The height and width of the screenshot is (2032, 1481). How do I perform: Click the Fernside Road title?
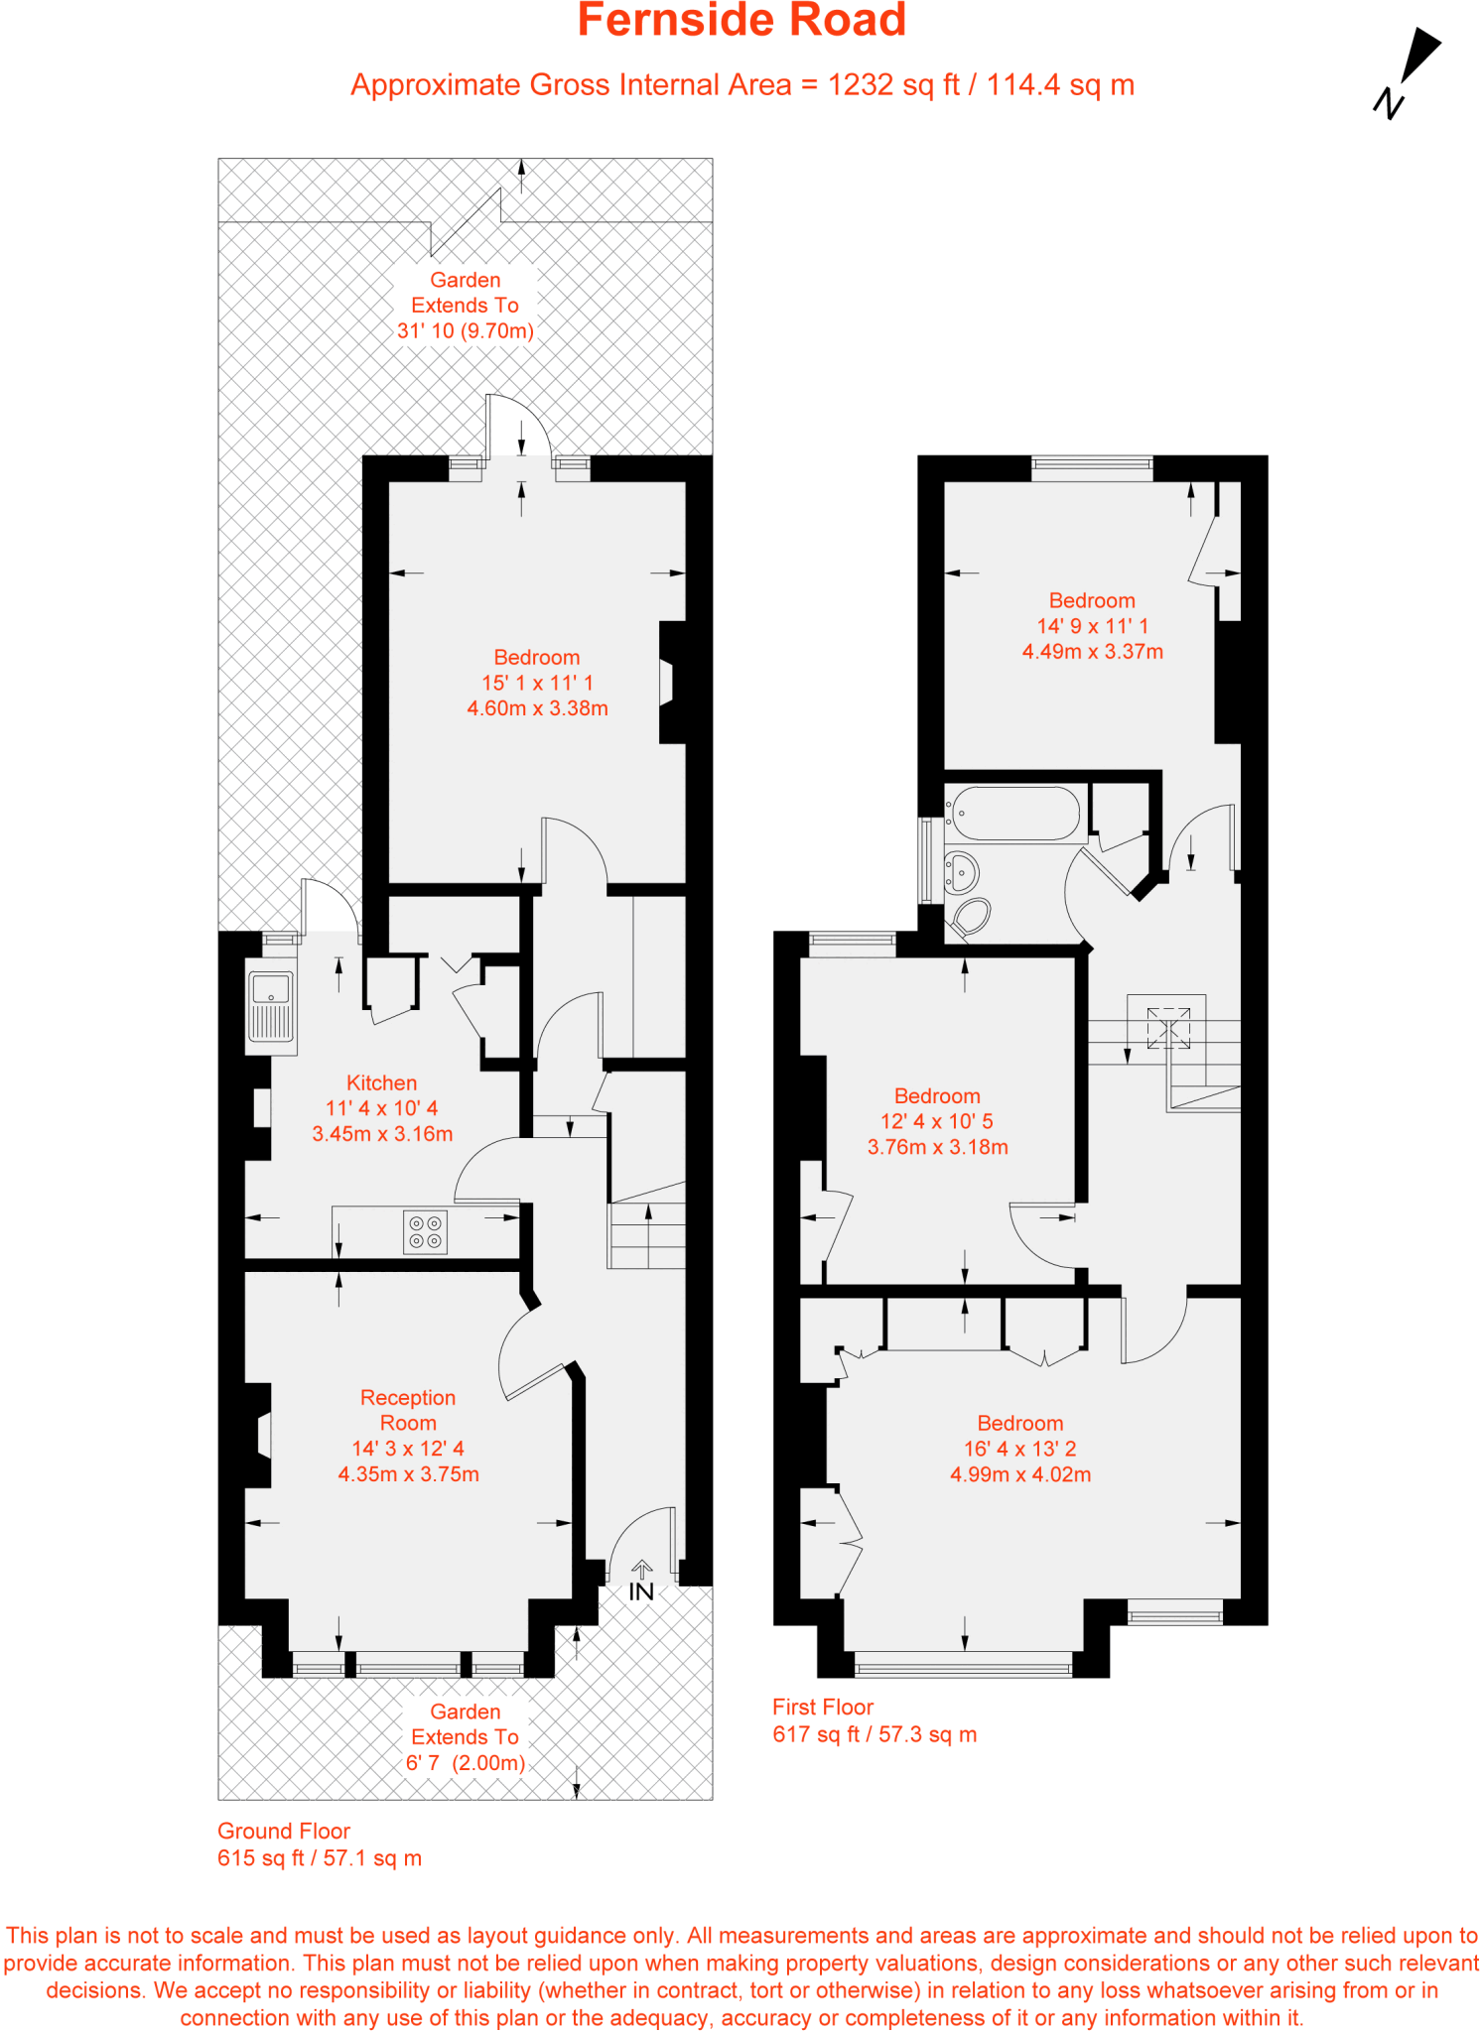[x=741, y=21]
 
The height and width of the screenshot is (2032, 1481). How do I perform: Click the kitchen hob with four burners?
[x=426, y=1232]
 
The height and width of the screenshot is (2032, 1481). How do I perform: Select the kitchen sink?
[x=271, y=1006]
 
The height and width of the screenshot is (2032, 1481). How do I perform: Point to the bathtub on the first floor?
[x=1012, y=815]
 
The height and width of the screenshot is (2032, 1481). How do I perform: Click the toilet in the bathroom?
[x=970, y=917]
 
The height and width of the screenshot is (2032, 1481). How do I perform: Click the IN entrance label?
[x=641, y=1591]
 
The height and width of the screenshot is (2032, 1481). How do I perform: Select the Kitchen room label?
[x=381, y=1082]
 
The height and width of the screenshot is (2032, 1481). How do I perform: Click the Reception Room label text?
[x=408, y=1410]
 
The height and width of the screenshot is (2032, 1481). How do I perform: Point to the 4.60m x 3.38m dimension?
[x=537, y=708]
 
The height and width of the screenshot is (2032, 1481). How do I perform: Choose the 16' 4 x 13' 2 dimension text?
[x=1019, y=1449]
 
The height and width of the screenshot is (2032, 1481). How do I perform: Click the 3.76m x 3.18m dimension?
[x=937, y=1147]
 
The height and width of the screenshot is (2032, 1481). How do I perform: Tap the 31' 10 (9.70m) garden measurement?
[x=465, y=331]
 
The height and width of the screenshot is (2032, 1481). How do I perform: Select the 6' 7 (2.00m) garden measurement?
[x=465, y=1762]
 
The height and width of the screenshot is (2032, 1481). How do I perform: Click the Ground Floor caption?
[x=284, y=1831]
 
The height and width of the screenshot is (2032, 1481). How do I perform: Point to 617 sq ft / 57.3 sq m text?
[x=875, y=1734]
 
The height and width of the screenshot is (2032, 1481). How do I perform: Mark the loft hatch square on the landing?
[x=1168, y=1028]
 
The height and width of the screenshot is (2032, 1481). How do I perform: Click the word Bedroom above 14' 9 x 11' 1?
[x=1092, y=600]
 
